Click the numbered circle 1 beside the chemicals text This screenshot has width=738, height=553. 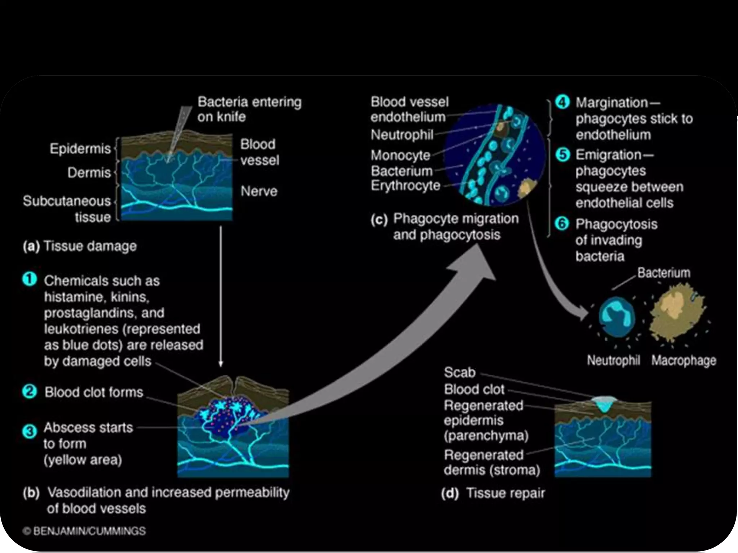click(30, 279)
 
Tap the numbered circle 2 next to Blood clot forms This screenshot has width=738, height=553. click(30, 391)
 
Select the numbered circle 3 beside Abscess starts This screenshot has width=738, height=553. click(30, 431)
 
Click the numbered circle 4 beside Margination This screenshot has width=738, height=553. click(562, 102)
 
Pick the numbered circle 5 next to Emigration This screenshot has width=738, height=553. click(562, 155)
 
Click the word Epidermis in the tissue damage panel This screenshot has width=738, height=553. click(80, 148)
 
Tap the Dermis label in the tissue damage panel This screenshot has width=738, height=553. click(89, 173)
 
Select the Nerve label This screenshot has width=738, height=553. click(259, 191)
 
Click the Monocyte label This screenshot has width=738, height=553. click(400, 155)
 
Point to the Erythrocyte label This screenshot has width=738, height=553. click(405, 186)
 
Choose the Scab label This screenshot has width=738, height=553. click(459, 372)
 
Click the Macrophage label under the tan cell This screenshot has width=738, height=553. click(684, 360)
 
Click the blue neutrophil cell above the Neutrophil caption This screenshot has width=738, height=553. click(617, 316)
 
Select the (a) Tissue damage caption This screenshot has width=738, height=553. click(80, 246)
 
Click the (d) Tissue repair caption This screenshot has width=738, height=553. click(493, 493)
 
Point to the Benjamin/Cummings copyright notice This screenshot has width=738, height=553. click(84, 531)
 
